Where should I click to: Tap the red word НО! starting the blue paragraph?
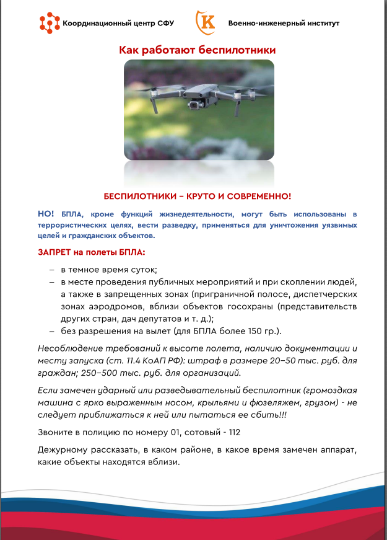coord(46,213)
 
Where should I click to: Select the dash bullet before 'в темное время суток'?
coord(52,270)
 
